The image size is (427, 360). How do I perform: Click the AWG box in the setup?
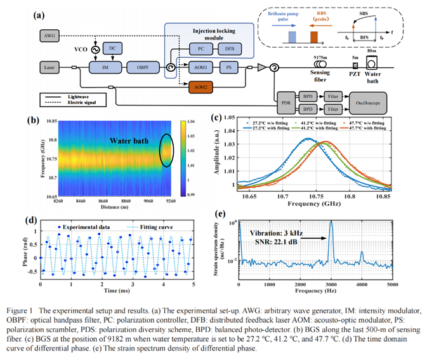click(50, 37)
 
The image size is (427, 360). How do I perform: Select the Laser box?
click(50, 66)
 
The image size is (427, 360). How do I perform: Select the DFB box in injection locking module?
click(227, 48)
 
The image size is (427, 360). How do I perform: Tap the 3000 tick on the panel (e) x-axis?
click(331, 284)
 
